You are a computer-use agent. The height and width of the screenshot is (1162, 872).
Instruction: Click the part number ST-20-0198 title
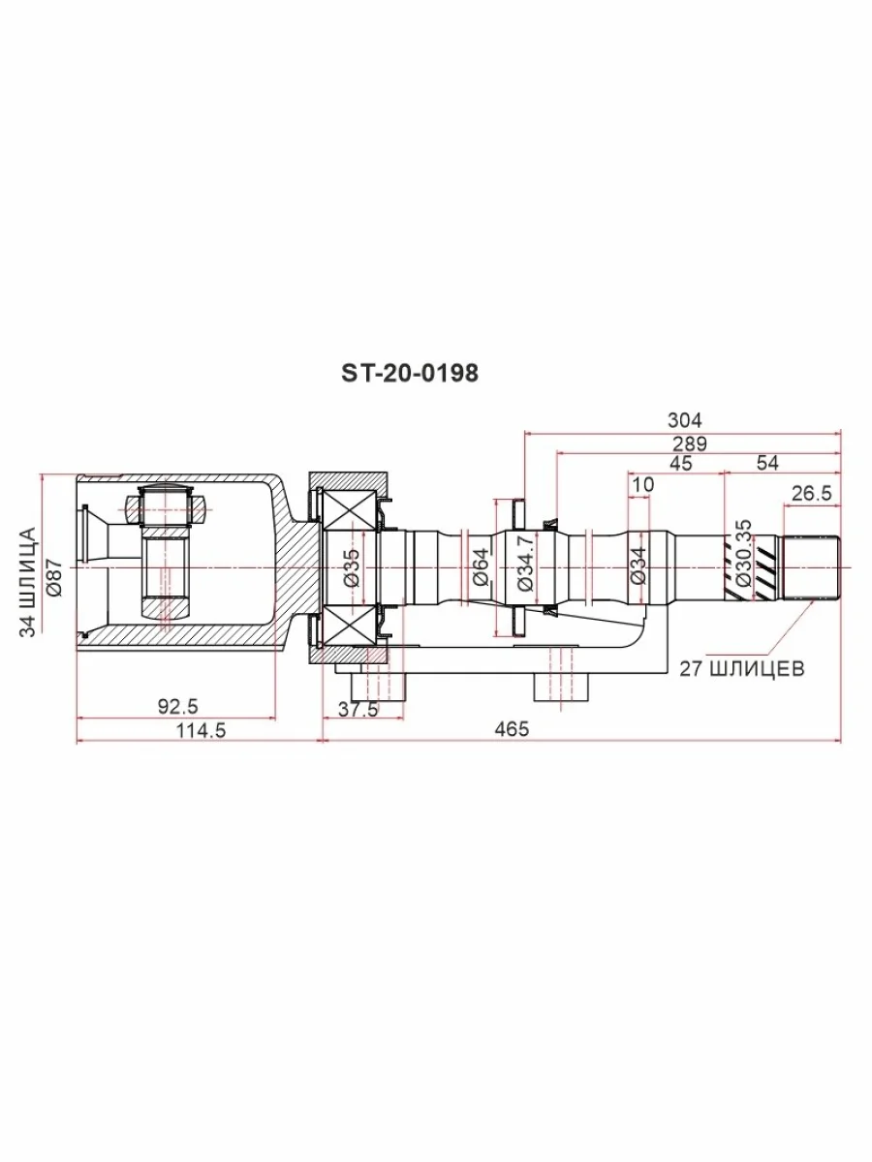pos(409,373)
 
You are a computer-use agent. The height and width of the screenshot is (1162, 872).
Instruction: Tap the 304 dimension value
pos(685,420)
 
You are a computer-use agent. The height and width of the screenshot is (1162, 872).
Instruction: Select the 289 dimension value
pos(690,443)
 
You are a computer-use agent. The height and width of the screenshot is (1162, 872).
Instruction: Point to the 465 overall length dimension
pos(512,729)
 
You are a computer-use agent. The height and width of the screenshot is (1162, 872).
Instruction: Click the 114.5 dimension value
pos(201,730)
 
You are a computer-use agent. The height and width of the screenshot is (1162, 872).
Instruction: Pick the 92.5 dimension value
pos(177,706)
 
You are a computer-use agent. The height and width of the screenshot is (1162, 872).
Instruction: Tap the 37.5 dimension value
pos(358,709)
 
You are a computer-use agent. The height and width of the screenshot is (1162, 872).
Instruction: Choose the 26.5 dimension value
pos(812,494)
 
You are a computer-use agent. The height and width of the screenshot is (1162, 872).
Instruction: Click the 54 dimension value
pos(767,463)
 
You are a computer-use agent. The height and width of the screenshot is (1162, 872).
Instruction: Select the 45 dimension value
pos(681,463)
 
